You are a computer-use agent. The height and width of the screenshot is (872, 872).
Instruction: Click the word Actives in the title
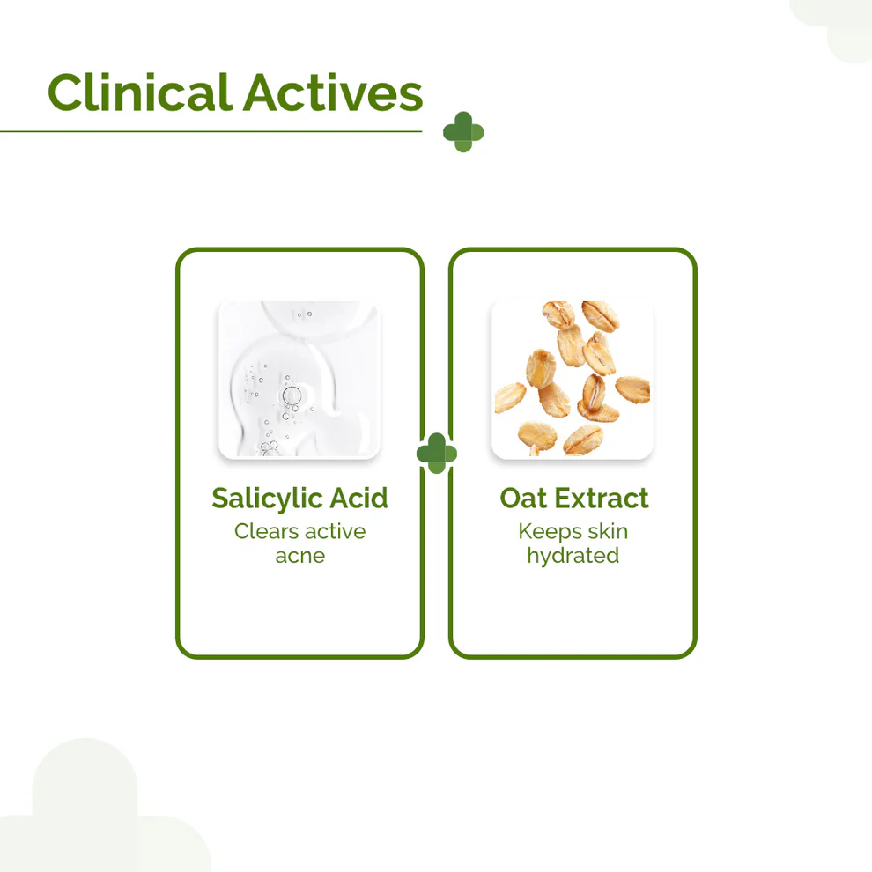coord(334,92)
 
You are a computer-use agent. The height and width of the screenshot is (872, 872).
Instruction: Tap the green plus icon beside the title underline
coord(463,132)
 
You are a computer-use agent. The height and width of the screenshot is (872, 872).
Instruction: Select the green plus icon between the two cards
coord(437,454)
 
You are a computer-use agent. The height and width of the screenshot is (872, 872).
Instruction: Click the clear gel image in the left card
coord(299,380)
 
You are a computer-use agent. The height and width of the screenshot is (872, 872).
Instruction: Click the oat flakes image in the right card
coord(573,380)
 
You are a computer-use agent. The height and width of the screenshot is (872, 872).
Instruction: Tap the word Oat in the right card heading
coord(523,499)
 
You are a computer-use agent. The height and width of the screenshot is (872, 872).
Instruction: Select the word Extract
coord(601,499)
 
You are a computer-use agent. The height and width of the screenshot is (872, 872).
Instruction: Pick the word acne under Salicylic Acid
coord(299,556)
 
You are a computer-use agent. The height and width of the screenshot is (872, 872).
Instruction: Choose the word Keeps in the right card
coord(548,531)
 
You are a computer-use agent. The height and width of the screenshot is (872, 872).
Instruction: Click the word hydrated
coord(573,556)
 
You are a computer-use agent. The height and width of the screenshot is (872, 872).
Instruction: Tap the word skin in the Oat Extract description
coord(607,531)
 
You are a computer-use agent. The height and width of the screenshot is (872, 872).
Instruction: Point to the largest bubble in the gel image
coord(292,395)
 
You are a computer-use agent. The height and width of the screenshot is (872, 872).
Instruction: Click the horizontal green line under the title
coord(211,132)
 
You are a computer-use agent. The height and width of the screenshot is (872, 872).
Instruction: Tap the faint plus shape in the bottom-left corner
coord(88,810)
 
